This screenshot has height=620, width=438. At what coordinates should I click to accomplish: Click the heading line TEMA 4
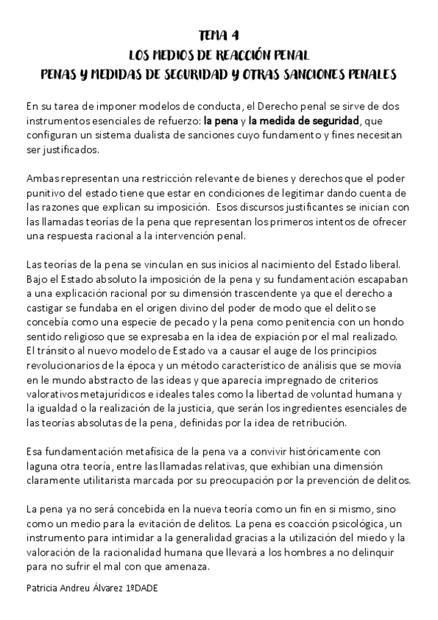point(219,35)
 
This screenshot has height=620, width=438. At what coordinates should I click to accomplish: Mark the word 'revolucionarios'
point(67,362)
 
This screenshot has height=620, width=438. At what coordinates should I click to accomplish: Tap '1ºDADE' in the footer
point(142,586)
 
